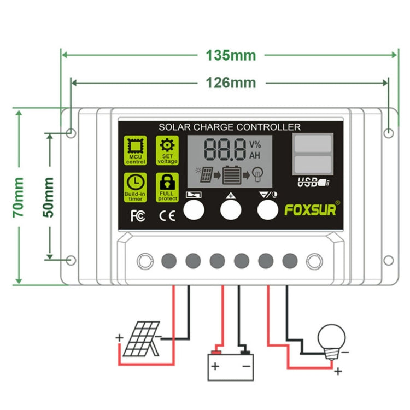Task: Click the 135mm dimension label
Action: (230, 55)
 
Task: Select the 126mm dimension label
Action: (230, 83)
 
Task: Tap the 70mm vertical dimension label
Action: (18, 197)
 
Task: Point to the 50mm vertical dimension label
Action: (49, 196)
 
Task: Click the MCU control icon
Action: (135, 150)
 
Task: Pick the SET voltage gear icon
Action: (167, 150)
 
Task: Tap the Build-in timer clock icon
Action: (135, 186)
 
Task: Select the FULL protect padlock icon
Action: (167, 186)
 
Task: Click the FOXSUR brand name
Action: (311, 210)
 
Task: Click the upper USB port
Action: (312, 143)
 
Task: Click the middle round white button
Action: (230, 210)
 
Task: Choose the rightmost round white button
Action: (267, 210)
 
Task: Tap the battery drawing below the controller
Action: (231, 364)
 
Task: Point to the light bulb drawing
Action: (332, 338)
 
